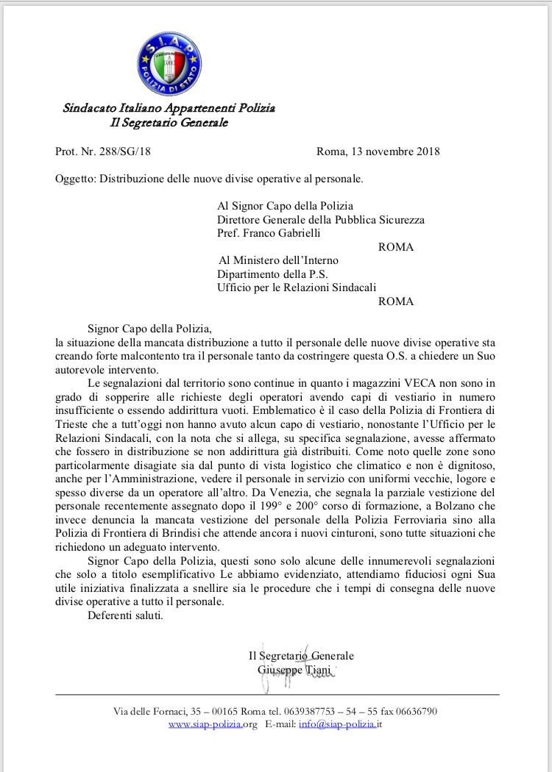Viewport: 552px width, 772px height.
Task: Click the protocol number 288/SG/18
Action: (x=126, y=152)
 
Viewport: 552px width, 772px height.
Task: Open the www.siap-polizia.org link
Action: (x=213, y=724)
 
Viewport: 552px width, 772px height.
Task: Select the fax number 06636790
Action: (x=416, y=711)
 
